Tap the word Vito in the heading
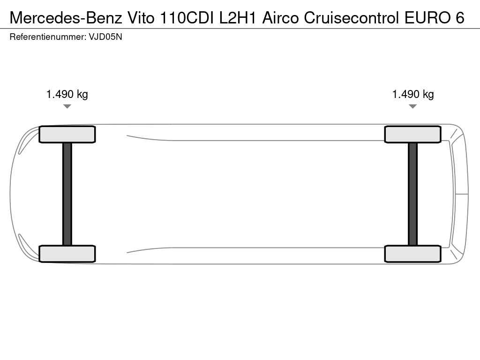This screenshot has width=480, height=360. tap(141, 18)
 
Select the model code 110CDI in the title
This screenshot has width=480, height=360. tap(187, 18)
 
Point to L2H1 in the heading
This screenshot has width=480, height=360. tap(238, 18)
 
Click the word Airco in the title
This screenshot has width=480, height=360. tap(280, 18)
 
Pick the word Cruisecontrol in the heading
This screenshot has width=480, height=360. tap(352, 18)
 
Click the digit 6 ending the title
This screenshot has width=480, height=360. tap(460, 18)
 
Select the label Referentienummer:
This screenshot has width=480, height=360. tap(48, 37)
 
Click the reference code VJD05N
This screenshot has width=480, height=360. tap(105, 37)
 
